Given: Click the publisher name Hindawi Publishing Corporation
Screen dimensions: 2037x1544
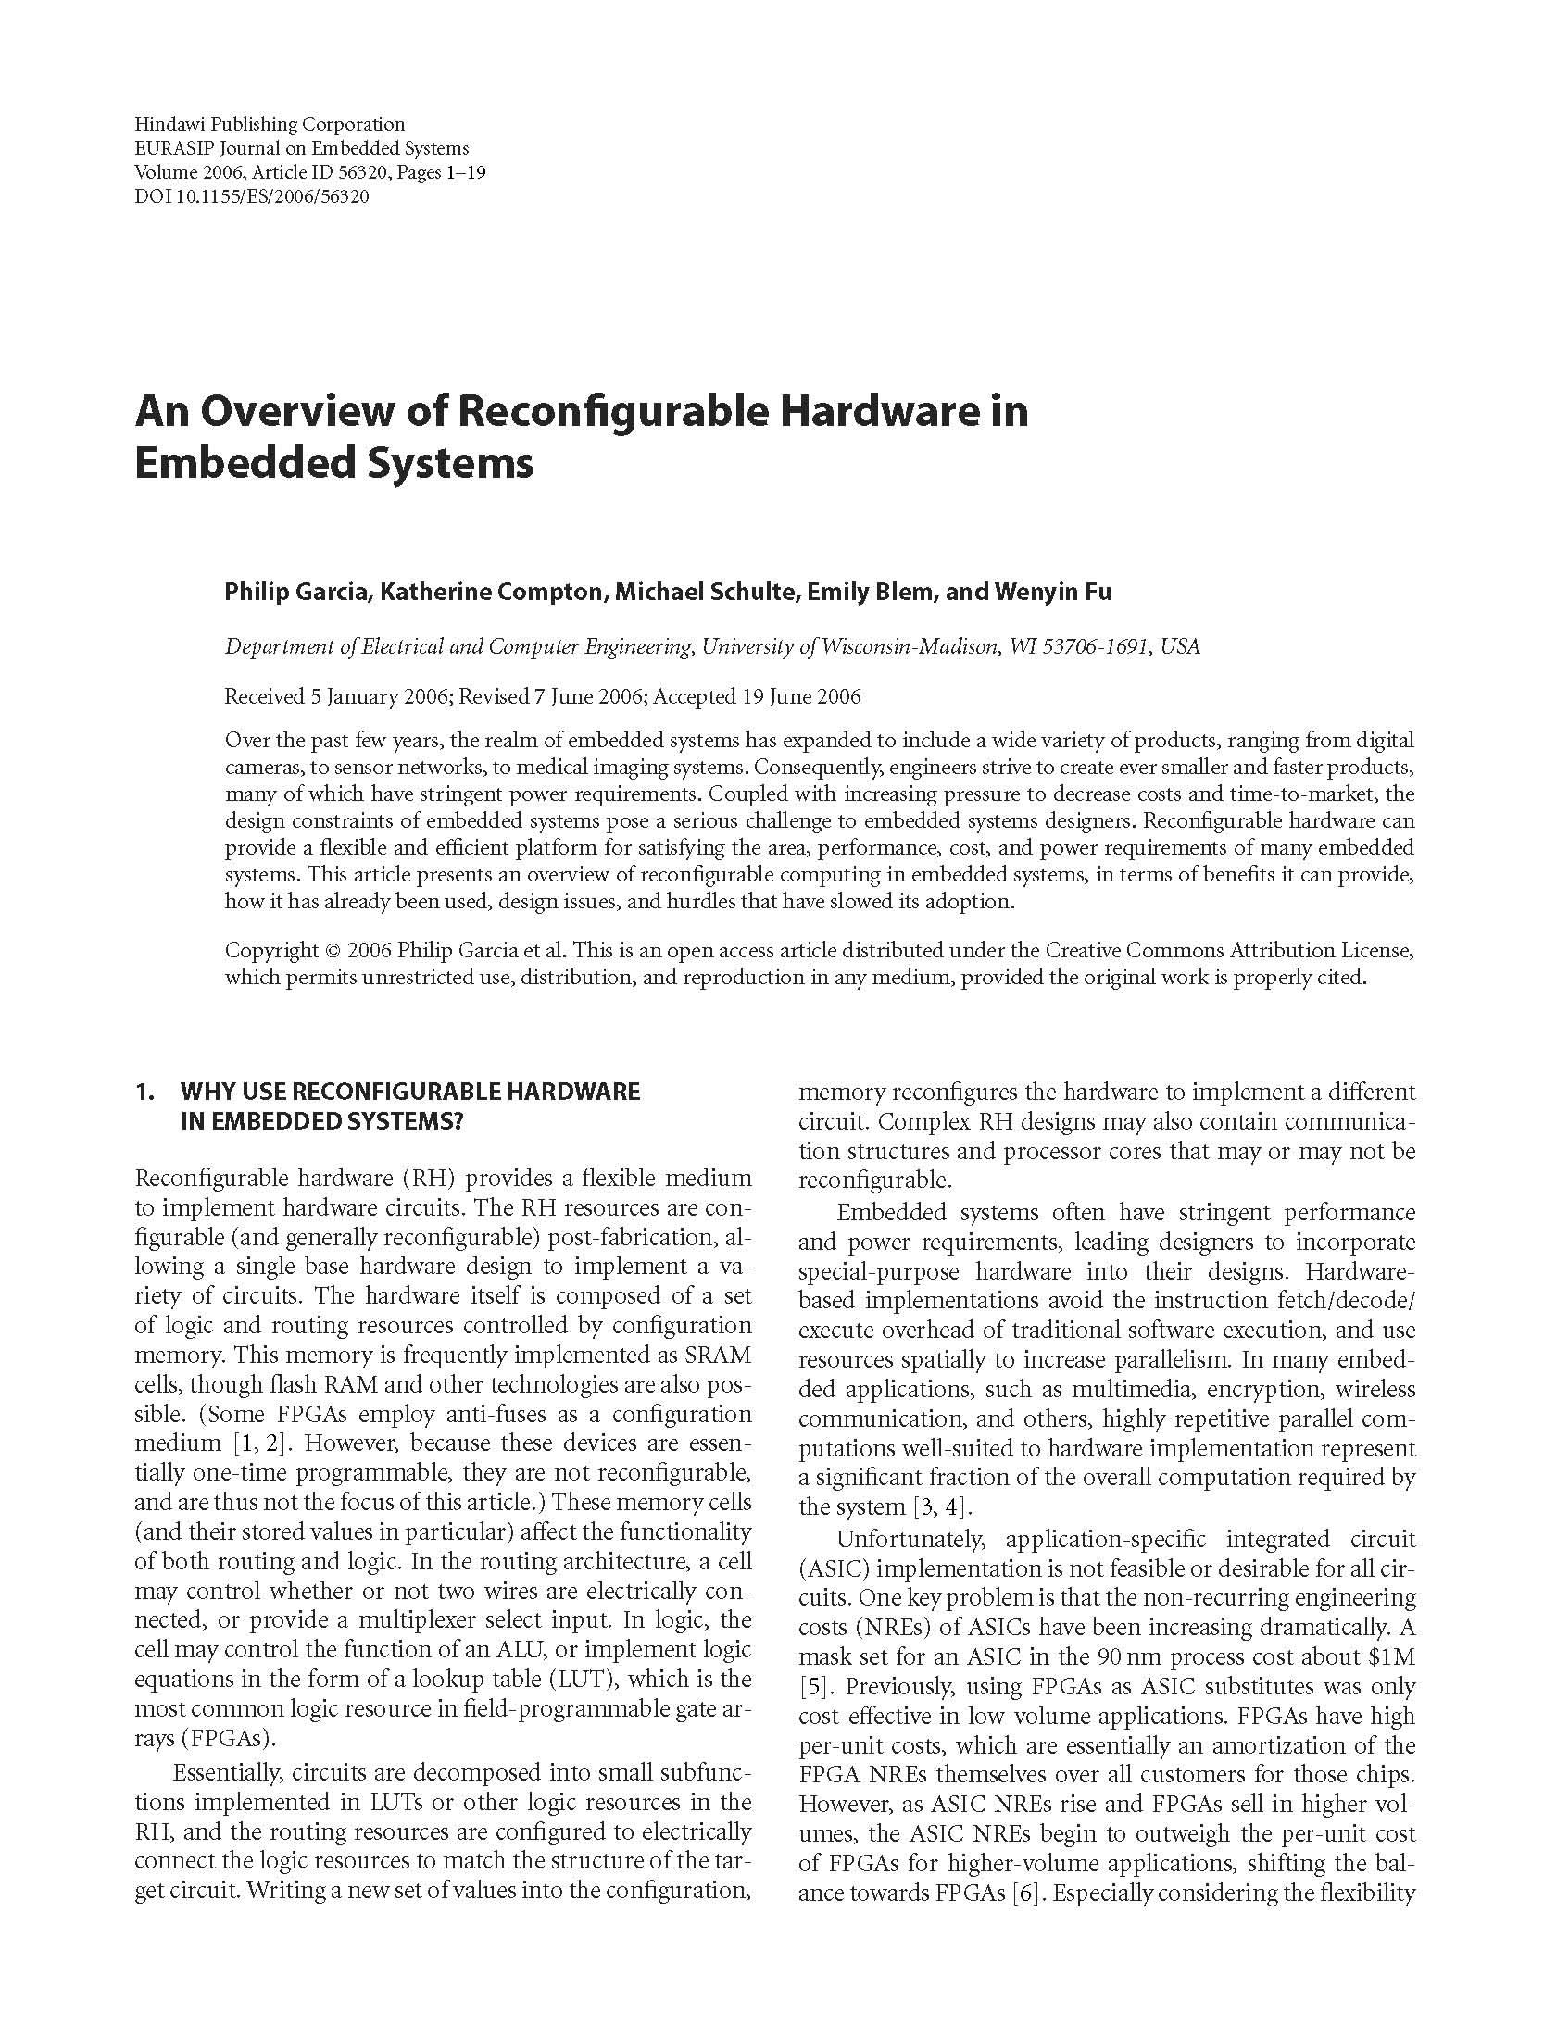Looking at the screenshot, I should (x=270, y=124).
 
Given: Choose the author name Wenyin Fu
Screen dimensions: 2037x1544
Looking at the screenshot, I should (x=1053, y=593).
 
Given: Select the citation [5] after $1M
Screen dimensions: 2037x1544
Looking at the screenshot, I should (x=812, y=1686).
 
